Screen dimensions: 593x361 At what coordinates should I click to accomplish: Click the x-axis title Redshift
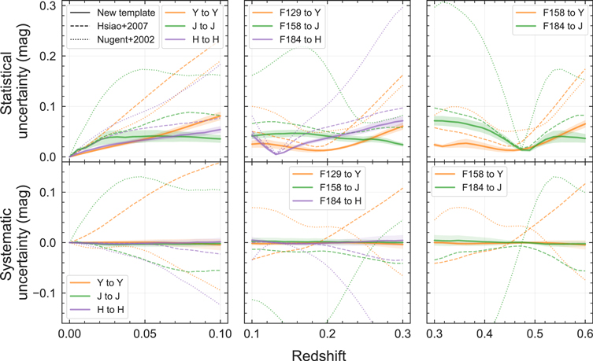[319, 355]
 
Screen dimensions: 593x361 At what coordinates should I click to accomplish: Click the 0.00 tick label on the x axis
[69, 333]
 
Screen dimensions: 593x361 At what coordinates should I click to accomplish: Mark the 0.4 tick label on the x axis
[485, 333]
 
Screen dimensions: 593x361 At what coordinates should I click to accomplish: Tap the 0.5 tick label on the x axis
[536, 333]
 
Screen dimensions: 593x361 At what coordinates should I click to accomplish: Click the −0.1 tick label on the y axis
[45, 293]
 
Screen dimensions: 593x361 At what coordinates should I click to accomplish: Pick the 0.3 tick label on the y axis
[48, 6]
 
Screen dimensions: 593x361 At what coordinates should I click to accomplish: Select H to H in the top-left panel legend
[206, 39]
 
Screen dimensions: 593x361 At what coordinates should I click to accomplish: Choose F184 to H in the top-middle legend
[300, 39]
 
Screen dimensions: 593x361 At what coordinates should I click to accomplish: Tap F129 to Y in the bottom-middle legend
[340, 174]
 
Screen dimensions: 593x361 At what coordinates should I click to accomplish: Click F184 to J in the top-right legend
[563, 26]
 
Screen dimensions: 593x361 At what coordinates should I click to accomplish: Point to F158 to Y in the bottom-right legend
[483, 174]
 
